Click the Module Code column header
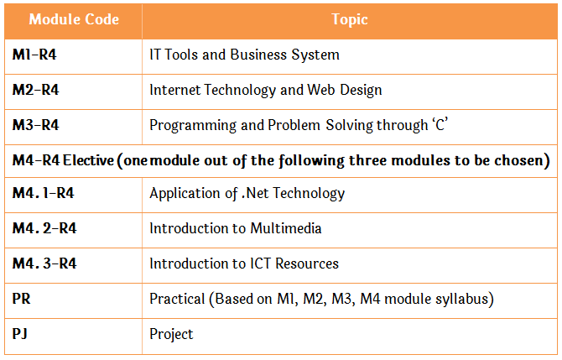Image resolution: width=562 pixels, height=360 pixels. (74, 19)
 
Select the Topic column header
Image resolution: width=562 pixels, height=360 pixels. (350, 20)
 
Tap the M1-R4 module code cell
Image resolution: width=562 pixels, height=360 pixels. (34, 55)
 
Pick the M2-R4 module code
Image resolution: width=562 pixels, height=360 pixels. (35, 90)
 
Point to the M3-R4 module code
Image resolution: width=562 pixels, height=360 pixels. (35, 125)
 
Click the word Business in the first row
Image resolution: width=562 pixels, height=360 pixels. (258, 55)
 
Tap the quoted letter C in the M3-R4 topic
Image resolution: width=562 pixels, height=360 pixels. (440, 124)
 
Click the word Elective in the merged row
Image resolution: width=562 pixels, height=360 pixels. (89, 160)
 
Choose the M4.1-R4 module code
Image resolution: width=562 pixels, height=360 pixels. (43, 193)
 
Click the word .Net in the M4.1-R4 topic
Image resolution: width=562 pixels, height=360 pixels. (255, 193)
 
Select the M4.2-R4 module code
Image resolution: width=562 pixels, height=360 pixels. (44, 228)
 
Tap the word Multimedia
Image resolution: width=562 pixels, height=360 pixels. (286, 228)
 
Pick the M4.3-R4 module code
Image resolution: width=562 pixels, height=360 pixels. (44, 263)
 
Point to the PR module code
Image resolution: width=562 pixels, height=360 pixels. (21, 299)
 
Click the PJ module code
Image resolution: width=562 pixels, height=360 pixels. (20, 334)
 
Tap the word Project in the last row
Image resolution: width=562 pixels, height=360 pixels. (171, 334)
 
